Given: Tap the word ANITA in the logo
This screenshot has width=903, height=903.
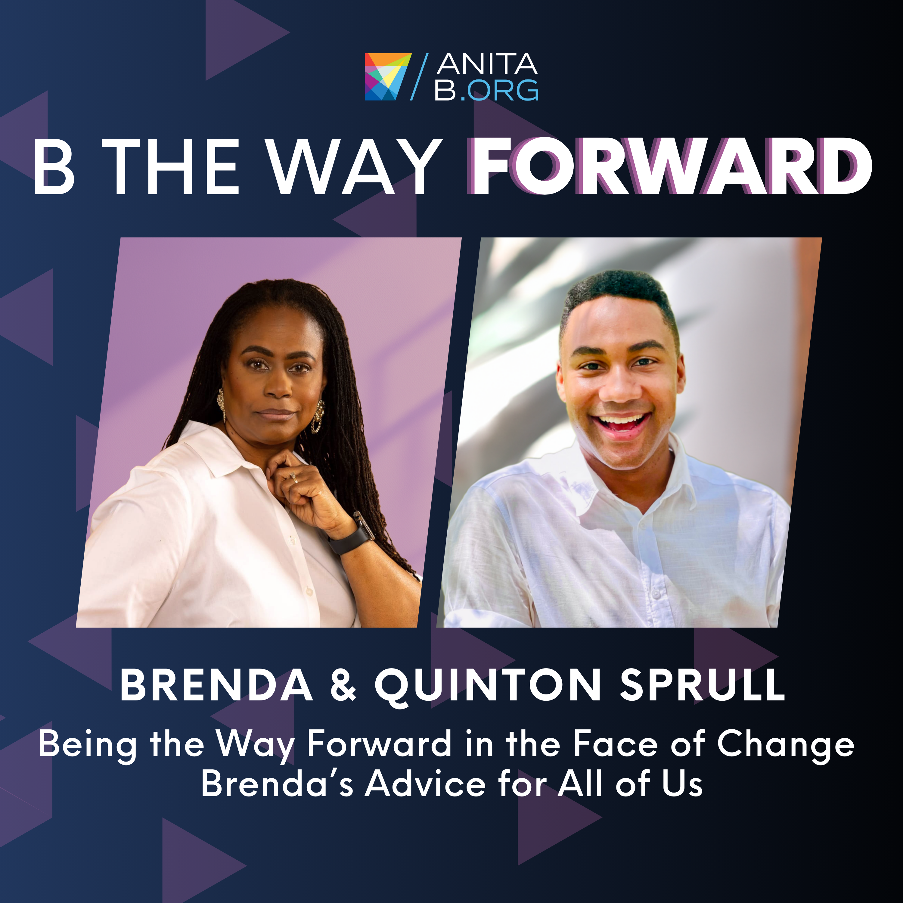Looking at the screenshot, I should pyautogui.click(x=487, y=64).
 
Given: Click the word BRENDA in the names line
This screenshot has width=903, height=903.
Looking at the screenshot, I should pyautogui.click(x=216, y=685).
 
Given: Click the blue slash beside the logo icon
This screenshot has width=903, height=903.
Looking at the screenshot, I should pyautogui.click(x=419, y=77).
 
